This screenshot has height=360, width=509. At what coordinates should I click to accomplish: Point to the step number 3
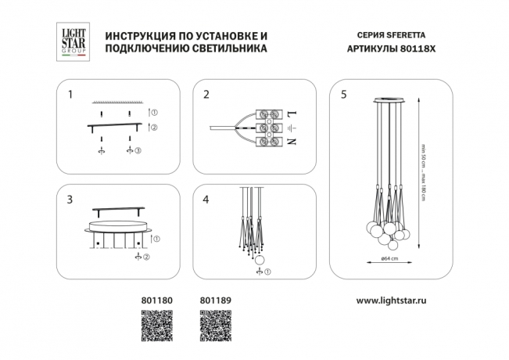pos(70,200)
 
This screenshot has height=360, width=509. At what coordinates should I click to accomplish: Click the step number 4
pos(206,200)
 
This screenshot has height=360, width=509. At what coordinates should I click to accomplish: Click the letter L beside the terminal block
pos(292,114)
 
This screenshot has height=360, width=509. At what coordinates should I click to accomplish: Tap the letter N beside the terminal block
pos(292,142)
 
